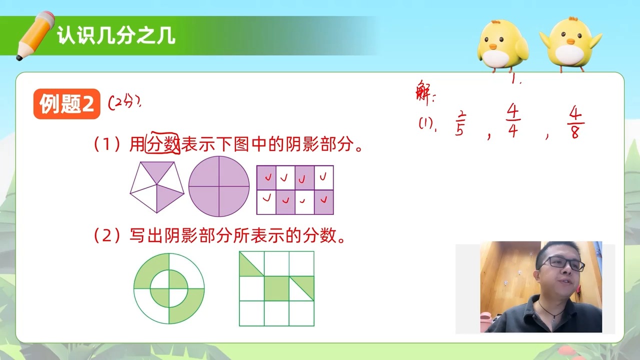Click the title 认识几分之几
click(116, 36)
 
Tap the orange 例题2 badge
click(67, 104)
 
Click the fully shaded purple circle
click(218, 186)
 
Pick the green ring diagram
click(169, 288)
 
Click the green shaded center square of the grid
click(276, 288)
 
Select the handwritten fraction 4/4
click(513, 120)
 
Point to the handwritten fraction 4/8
click(575, 123)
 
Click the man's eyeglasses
click(562, 263)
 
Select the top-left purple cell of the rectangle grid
click(266, 177)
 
